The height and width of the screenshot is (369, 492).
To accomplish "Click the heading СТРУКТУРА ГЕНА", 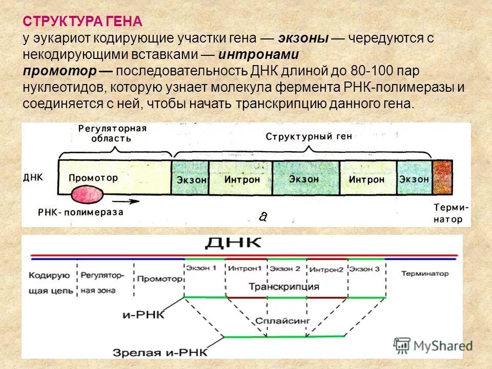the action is tap(83, 22).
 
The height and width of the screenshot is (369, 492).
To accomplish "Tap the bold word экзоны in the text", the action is tap(303, 38).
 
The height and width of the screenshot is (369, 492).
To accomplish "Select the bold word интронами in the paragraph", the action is tap(258, 54).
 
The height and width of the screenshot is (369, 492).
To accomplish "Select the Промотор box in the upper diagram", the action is tap(93, 178).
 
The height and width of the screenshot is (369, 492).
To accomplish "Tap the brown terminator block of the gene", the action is tap(442, 177).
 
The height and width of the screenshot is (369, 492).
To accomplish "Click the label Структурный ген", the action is tap(309, 137).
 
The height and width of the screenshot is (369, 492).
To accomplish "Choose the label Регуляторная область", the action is tap(112, 133).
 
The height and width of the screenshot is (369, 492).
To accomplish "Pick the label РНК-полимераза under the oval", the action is tap(81, 212).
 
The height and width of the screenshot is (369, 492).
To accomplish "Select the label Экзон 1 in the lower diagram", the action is tap(204, 268).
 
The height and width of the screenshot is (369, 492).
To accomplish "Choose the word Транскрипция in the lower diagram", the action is tap(283, 286).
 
